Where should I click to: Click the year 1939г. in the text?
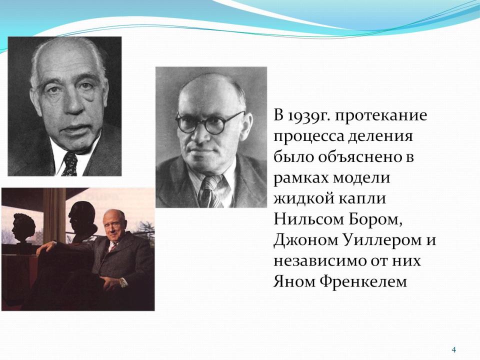309,116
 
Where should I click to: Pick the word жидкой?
303,198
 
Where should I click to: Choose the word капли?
362,199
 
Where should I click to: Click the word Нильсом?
308,219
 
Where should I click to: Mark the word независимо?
323,261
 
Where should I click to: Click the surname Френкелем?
363,282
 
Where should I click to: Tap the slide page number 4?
454,349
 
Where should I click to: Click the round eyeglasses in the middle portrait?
210,123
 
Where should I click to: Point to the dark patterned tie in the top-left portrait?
70,164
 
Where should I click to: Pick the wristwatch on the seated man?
123,282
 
